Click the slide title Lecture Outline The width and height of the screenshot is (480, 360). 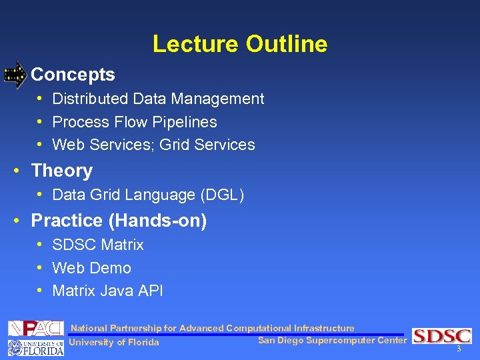pyautogui.click(x=240, y=44)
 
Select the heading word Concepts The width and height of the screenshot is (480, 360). pyautogui.click(x=73, y=75)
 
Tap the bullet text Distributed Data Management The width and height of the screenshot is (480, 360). pyautogui.click(x=158, y=99)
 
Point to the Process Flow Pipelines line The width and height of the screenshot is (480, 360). pyautogui.click(x=134, y=122)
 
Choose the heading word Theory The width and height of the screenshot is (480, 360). pyautogui.click(x=61, y=171)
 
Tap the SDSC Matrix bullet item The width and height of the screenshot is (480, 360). pyautogui.click(x=97, y=245)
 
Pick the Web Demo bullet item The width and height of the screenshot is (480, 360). pyautogui.click(x=91, y=268)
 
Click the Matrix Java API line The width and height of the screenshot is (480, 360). pyautogui.click(x=107, y=291)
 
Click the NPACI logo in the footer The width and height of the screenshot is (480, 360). pyautogui.click(x=35, y=328)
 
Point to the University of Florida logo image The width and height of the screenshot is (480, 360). pyautogui.click(x=35, y=347)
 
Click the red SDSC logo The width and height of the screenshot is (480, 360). pyautogui.click(x=441, y=336)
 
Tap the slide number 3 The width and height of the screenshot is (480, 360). pyautogui.click(x=459, y=349)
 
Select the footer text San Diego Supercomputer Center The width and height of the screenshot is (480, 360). pyautogui.click(x=331, y=341)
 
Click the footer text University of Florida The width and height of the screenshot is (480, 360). pyautogui.click(x=114, y=343)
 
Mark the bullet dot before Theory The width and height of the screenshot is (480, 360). pyautogui.click(x=15, y=171)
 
